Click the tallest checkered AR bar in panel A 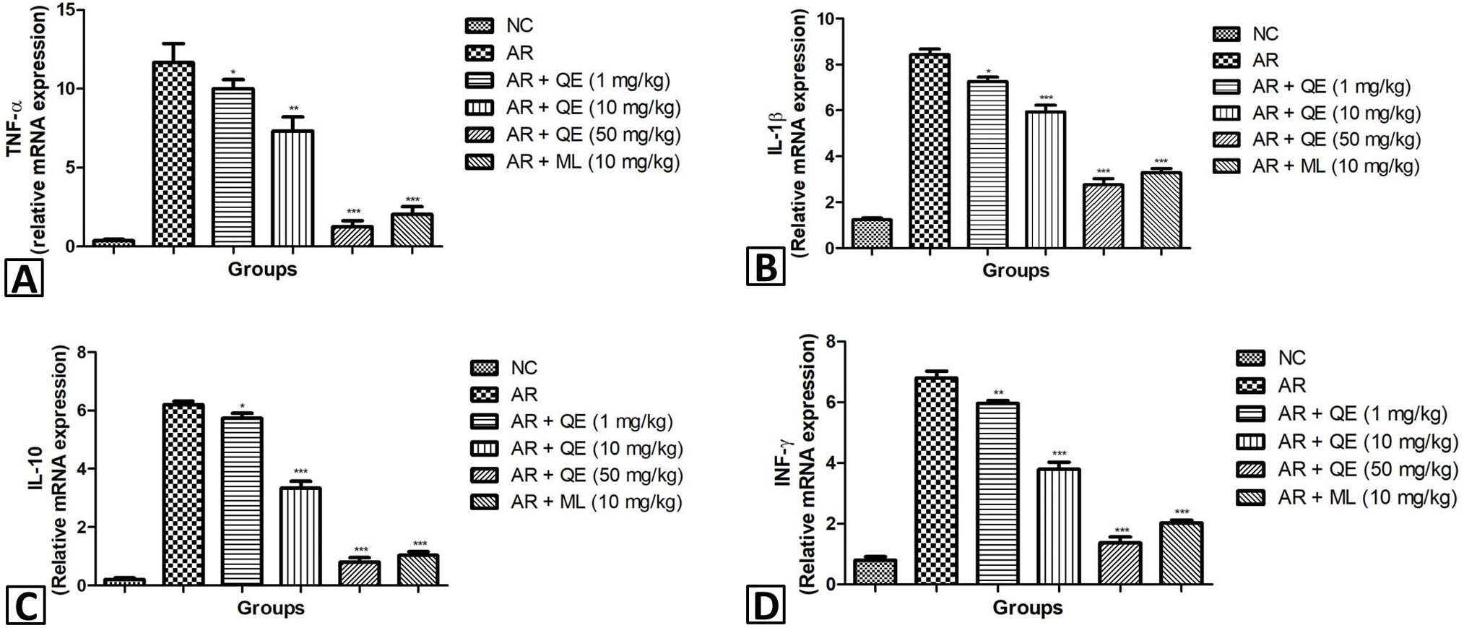[x=173, y=154]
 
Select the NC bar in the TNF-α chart [x=114, y=243]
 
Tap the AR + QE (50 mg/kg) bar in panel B [x=1103, y=216]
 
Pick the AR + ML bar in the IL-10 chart [x=419, y=569]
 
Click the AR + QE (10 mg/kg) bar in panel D [x=1059, y=526]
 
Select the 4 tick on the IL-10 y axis [x=81, y=469]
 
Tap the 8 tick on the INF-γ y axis [x=831, y=341]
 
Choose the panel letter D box [x=766, y=606]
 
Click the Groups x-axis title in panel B [x=1015, y=271]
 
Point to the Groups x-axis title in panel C [x=271, y=608]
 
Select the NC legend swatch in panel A [x=480, y=26]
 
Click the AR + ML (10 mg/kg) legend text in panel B [x=1336, y=166]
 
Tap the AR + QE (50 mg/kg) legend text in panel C [x=597, y=475]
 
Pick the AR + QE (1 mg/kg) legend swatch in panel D [x=1251, y=414]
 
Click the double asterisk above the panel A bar [x=293, y=109]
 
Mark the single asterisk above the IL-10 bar [x=242, y=406]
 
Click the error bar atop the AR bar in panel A [x=173, y=52]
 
